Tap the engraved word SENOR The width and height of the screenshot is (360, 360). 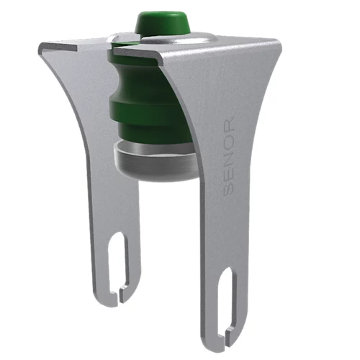pos(228,156)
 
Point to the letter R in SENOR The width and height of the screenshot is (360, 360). pos(228,123)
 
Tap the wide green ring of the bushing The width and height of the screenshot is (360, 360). pos(146,110)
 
